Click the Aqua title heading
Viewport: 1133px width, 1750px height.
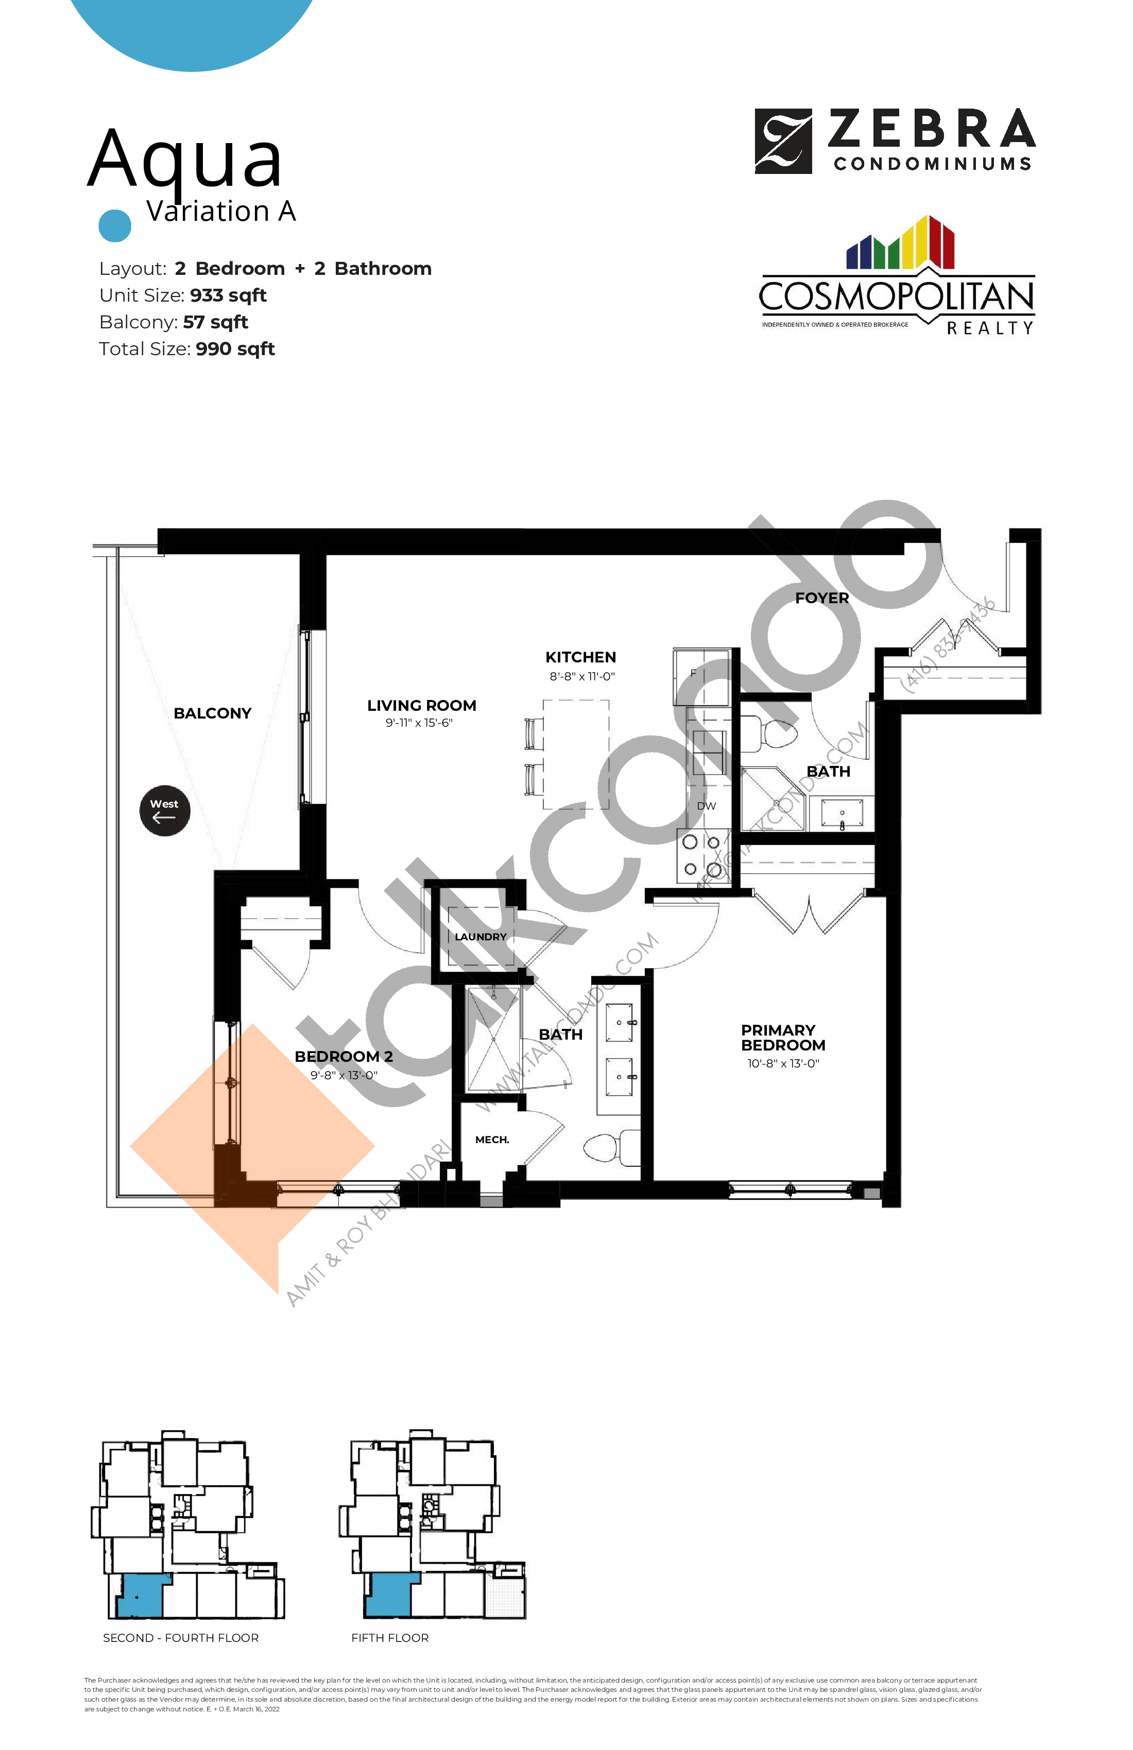click(x=185, y=159)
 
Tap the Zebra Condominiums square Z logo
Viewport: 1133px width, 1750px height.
click(x=783, y=141)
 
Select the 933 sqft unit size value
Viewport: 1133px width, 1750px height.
click(x=228, y=295)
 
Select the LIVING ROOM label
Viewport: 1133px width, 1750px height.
click(x=422, y=706)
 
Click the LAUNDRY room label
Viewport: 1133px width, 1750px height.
click(x=480, y=937)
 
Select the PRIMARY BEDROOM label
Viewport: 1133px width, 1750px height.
click(x=783, y=1038)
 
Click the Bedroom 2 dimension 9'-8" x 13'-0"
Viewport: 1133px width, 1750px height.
click(x=344, y=1075)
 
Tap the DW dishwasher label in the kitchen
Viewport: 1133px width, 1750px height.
click(x=706, y=806)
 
